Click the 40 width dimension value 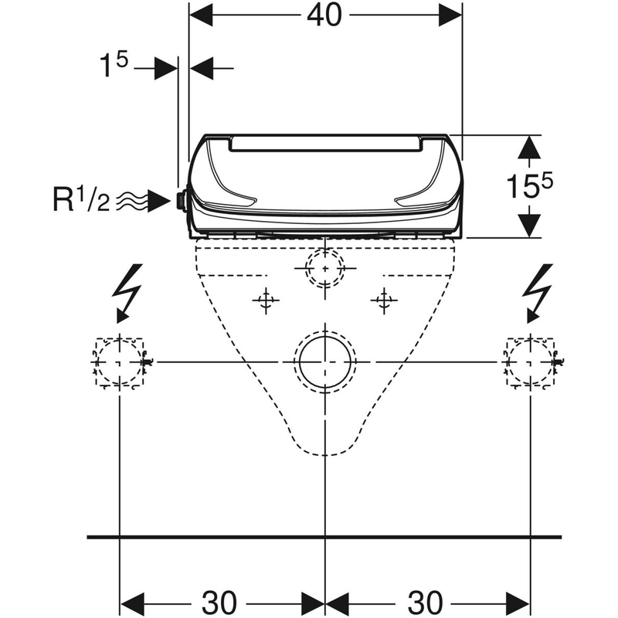click(324, 16)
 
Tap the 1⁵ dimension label click(114, 66)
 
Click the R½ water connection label click(81, 201)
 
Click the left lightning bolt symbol click(127, 294)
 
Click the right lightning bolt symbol click(537, 294)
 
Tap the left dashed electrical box click(120, 362)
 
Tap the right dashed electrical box click(531, 362)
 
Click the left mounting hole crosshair click(266, 301)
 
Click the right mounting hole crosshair click(384, 301)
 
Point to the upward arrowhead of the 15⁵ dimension click(529, 148)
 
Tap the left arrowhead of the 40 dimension click(201, 15)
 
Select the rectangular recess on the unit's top click(325, 144)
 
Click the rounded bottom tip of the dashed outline click(324, 455)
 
